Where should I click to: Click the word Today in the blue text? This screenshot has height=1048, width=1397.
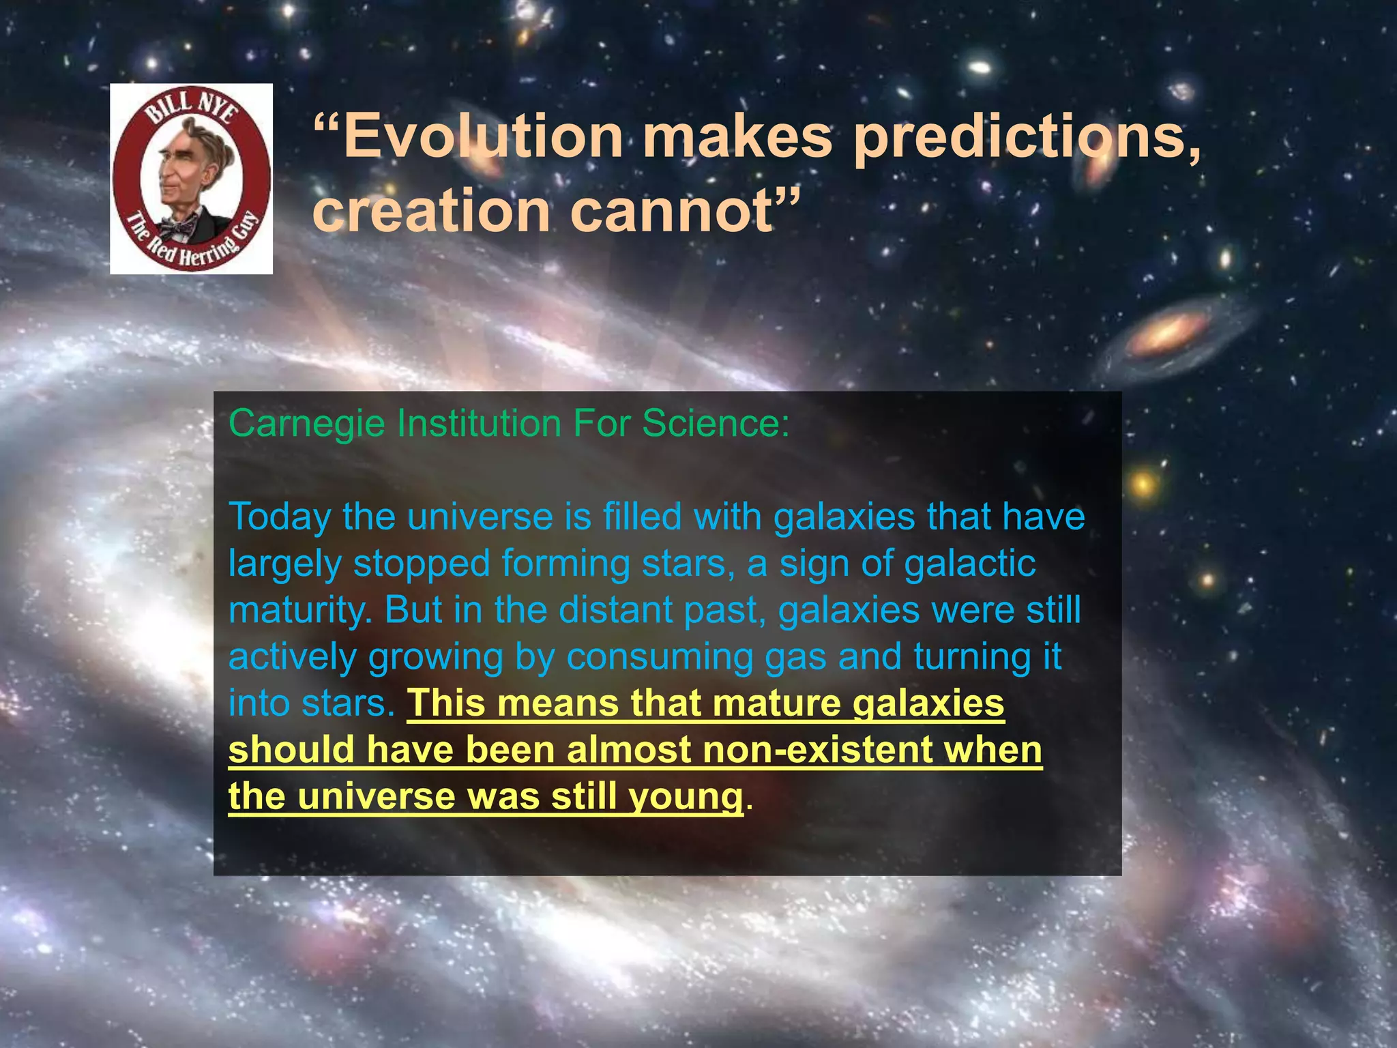pos(279,517)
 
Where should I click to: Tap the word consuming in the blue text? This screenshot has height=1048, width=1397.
pos(659,656)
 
